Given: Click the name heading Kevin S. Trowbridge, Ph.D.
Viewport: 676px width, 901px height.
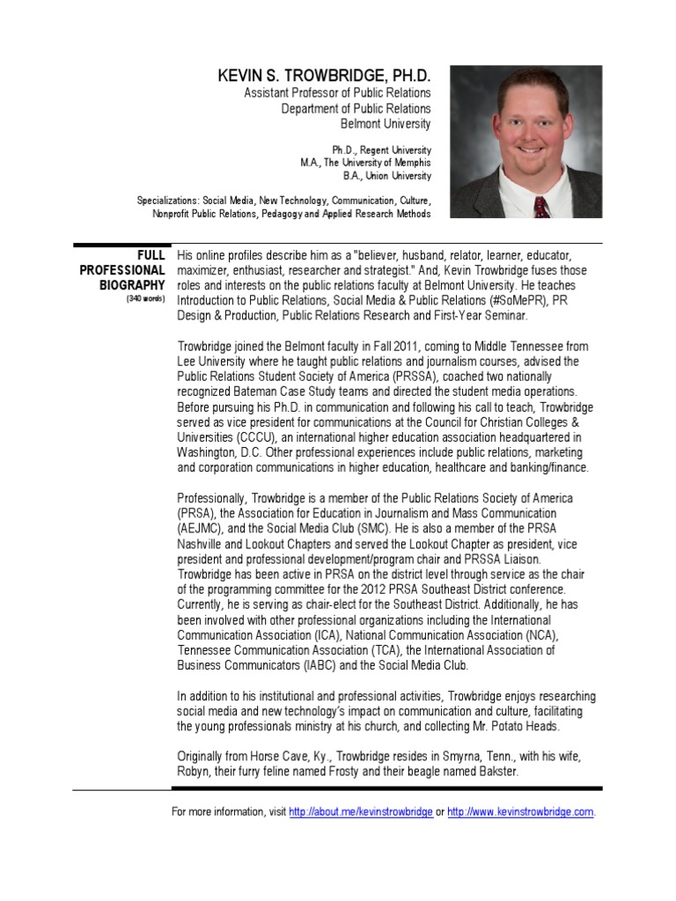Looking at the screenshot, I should (x=323, y=77).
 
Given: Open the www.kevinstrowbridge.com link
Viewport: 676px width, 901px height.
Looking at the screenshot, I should (x=521, y=812).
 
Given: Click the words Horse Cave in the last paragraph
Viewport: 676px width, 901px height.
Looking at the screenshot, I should (x=271, y=757).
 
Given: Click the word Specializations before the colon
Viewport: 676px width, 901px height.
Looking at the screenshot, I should (x=169, y=200).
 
